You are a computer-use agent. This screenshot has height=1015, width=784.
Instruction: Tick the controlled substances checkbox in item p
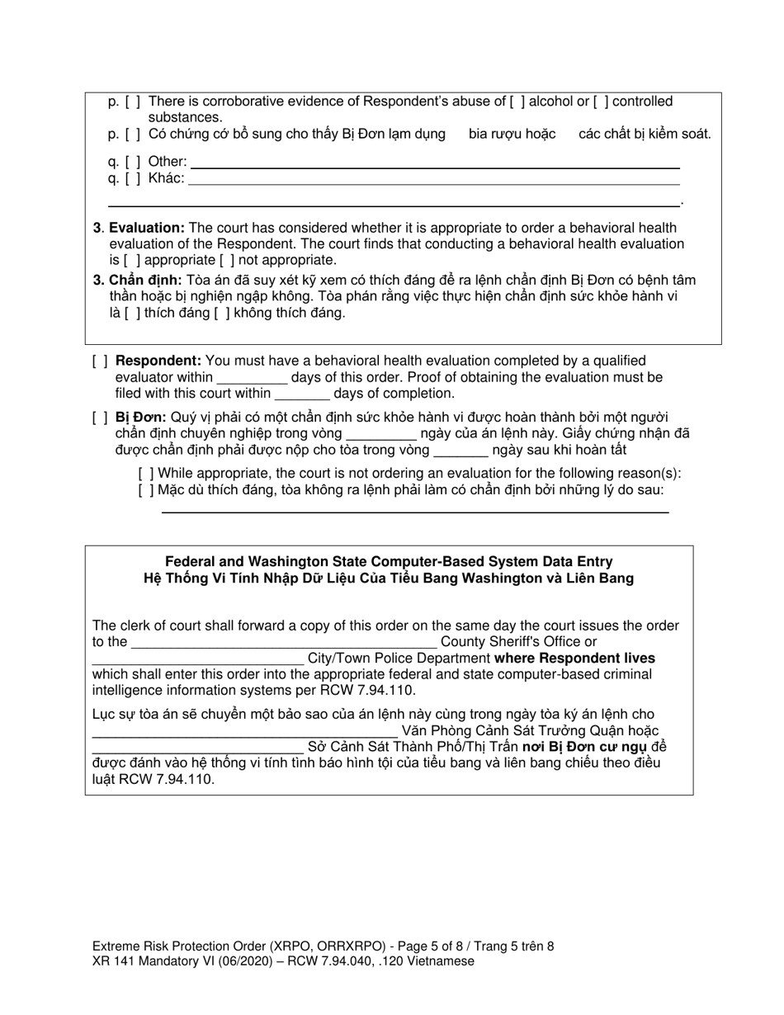coord(601,101)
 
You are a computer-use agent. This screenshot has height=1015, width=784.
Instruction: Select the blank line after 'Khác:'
coord(433,178)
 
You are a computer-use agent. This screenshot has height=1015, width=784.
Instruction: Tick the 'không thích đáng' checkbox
coord(215,313)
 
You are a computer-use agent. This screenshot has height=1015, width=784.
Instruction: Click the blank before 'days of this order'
coord(252,378)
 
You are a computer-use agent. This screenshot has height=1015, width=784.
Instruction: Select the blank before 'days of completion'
coord(302,394)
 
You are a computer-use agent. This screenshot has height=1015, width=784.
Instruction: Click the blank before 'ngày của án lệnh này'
coord(381,434)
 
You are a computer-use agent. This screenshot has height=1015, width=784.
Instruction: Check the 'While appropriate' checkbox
coord(146,474)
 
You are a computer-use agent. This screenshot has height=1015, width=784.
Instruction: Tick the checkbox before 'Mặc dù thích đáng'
coord(146,490)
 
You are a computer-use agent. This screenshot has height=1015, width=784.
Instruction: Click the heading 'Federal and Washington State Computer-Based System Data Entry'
coord(389,562)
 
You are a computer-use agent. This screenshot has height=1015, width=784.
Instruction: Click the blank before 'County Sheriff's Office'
coord(283,642)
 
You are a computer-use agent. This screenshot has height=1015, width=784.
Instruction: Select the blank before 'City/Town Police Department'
coord(197,659)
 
